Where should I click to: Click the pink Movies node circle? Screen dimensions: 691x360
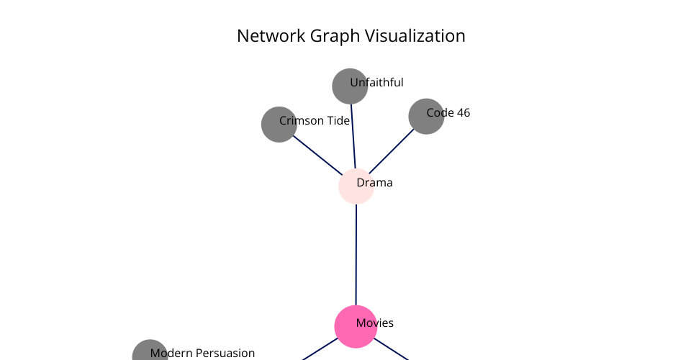pos(356,326)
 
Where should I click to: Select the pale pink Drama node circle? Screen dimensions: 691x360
pos(356,186)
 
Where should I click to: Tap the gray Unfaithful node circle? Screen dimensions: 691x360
pos(350,86)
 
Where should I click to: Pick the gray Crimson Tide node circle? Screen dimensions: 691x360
pos(279,125)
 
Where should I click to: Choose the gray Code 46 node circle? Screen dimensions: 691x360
pos(426,117)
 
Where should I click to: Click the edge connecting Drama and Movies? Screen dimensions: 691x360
pos(356,255)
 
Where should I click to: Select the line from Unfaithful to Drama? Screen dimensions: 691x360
pos(353,136)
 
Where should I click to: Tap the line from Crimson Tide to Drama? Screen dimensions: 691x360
pos(317,155)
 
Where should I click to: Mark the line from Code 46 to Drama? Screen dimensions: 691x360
pos(392,151)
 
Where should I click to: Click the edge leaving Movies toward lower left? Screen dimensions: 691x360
pos(320,349)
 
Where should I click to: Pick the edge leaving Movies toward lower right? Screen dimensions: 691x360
pos(392,349)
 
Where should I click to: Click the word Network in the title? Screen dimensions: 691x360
pos(271,36)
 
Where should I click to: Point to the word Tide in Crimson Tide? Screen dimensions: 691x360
pos(338,120)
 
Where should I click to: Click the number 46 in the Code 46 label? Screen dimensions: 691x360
pos(463,113)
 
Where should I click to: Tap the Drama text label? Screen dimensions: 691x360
pos(374,182)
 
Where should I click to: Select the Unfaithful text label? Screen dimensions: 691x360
pos(376,82)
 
